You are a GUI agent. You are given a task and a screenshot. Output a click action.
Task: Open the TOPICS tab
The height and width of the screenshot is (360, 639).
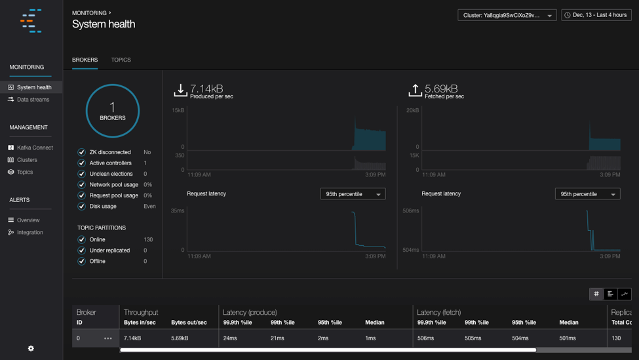coord(121,60)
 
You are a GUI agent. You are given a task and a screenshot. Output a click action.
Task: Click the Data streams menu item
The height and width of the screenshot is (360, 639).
coord(33,100)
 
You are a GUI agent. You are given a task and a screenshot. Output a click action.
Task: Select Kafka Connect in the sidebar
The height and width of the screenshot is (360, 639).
coord(35,148)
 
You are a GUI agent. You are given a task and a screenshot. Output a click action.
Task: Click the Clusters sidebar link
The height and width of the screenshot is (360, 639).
coord(27,160)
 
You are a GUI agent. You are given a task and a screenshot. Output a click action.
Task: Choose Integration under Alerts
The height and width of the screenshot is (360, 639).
coord(29,232)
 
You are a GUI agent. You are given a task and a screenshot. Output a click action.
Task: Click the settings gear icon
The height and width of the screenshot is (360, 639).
coord(31,348)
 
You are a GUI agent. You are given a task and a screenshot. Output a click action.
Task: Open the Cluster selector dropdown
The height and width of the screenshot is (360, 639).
coord(507,15)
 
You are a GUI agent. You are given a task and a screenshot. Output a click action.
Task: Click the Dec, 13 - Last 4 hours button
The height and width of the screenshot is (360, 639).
coord(596,15)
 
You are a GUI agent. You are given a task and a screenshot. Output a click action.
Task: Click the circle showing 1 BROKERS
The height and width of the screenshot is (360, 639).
coord(113,111)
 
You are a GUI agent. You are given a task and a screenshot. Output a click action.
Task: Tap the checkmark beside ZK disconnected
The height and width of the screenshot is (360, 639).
coord(82,152)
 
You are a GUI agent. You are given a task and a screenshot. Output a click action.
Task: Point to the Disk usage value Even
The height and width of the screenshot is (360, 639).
coord(149,207)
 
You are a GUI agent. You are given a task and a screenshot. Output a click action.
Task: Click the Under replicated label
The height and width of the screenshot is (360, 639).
coord(109,250)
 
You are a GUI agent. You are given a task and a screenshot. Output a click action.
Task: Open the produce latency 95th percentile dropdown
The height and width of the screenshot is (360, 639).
coord(353,194)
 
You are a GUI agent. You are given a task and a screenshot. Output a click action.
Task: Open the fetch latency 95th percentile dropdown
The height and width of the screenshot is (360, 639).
coord(587,194)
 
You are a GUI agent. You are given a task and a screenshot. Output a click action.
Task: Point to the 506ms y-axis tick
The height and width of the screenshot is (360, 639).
coord(410,211)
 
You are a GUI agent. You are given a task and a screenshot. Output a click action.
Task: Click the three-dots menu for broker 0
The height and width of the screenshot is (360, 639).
coord(108,338)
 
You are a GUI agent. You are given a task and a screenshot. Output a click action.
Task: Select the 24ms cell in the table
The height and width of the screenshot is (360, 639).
coord(230,338)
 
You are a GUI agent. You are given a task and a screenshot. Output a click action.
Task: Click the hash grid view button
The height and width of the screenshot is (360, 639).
coord(596,294)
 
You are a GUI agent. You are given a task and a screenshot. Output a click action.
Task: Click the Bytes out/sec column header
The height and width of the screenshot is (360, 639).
coord(189,323)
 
